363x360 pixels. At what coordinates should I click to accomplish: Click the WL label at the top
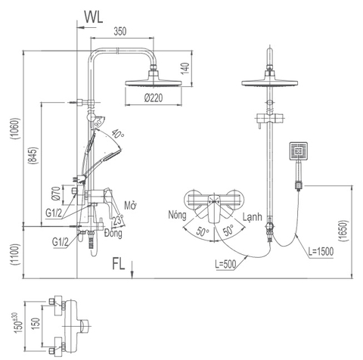(93, 15)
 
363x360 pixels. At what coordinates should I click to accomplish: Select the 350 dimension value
(119, 33)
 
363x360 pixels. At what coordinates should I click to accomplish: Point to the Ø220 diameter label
(154, 98)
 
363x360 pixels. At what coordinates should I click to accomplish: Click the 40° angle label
(117, 134)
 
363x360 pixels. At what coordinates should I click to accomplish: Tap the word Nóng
(180, 216)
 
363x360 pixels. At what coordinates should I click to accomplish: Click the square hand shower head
(298, 153)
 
